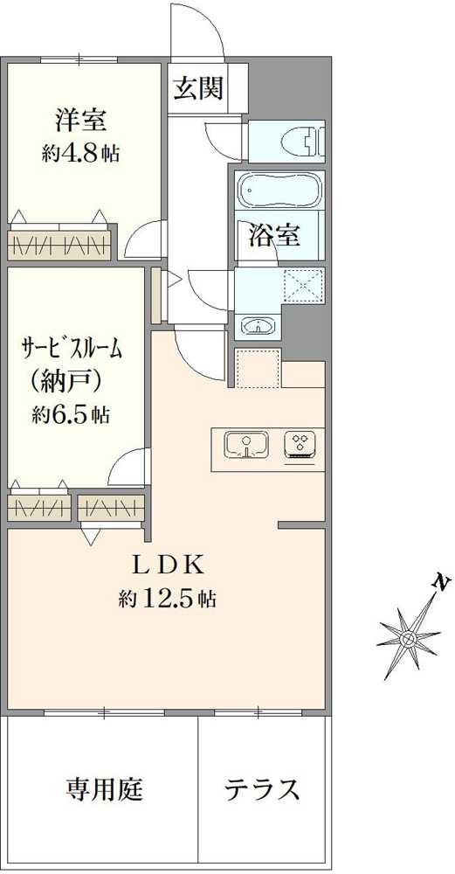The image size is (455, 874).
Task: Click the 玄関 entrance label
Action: coord(197,87)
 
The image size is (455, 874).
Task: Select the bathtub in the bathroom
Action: coord(278,190)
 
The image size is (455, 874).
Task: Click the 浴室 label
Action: coord(274,236)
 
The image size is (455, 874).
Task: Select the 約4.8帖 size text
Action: coord(80,153)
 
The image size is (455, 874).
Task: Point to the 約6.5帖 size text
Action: coord(70,414)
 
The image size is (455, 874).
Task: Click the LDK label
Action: coord(167,565)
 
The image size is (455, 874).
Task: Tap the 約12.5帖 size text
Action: coord(167,599)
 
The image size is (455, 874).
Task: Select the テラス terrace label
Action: coord(263,789)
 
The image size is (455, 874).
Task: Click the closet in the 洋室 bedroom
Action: coord(59,244)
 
